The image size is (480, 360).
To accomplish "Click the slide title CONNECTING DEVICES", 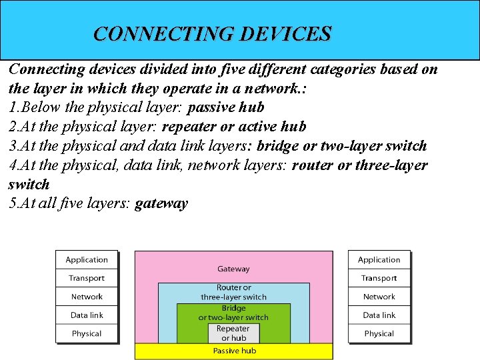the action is (212, 33).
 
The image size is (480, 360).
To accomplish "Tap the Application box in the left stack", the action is (87, 259).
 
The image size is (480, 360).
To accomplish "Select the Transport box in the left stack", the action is (87, 278).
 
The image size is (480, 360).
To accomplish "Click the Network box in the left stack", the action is (87, 297).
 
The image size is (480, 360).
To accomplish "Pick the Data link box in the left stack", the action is (87, 315).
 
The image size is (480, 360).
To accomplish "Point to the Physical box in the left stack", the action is (87, 333).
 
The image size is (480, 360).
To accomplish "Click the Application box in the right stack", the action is (379, 259).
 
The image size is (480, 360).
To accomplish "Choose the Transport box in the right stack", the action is (379, 278).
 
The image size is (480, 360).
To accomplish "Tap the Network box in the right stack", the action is (379, 297).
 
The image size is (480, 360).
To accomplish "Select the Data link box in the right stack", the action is (379, 315).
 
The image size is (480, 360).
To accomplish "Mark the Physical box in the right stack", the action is (379, 333).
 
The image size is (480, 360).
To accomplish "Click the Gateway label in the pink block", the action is (233, 269).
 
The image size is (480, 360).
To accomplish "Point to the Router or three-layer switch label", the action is (233, 292).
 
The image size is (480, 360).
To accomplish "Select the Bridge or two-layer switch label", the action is (233, 313).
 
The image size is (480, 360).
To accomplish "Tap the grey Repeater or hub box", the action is (233, 333).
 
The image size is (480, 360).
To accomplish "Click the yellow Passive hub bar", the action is (233, 351).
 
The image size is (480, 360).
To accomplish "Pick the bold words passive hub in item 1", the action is (227, 107).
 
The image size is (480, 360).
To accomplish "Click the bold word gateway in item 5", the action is (161, 203).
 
